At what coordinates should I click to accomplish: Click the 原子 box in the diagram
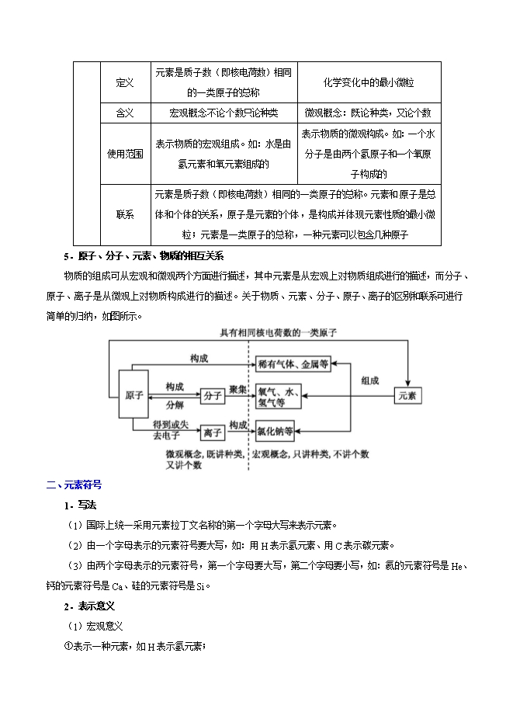pyautogui.click(x=133, y=395)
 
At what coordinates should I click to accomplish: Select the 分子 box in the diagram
pyautogui.click(x=211, y=396)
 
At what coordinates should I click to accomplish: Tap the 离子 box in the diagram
pyautogui.click(x=211, y=432)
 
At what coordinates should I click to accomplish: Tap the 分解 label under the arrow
pyautogui.click(x=175, y=405)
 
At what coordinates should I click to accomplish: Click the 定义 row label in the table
pyautogui.click(x=124, y=82)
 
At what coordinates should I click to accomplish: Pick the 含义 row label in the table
pyautogui.click(x=124, y=113)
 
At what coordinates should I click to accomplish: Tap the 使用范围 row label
pyautogui.click(x=124, y=154)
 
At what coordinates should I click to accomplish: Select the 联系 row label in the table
pyautogui.click(x=124, y=214)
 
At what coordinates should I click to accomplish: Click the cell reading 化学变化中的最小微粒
pyautogui.click(x=369, y=82)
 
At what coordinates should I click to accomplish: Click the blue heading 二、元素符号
pyautogui.click(x=74, y=485)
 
